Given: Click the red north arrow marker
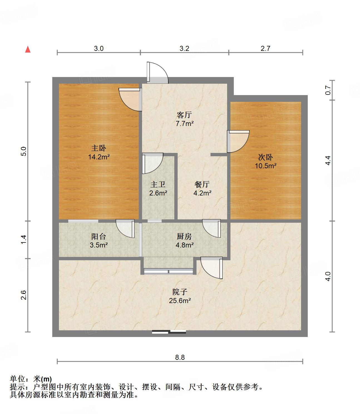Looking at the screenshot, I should [x=28, y=49].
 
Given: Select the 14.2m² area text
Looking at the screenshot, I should [x=99, y=157].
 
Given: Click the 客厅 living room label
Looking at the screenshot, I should [x=184, y=115].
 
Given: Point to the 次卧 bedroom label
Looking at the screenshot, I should [x=265, y=157].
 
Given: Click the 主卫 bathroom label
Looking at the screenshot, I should [x=158, y=185].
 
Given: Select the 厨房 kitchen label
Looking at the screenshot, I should [x=184, y=237].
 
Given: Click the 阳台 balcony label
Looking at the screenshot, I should [x=99, y=237].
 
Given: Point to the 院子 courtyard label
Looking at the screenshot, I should [x=180, y=292].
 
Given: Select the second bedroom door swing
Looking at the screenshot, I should [x=238, y=141].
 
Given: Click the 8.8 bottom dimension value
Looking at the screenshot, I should [x=180, y=357].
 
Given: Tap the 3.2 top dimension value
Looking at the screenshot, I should [x=184, y=49].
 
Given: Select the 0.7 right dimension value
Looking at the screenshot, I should [x=328, y=90].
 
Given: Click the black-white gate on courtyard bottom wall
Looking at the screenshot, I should [x=169, y=332].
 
